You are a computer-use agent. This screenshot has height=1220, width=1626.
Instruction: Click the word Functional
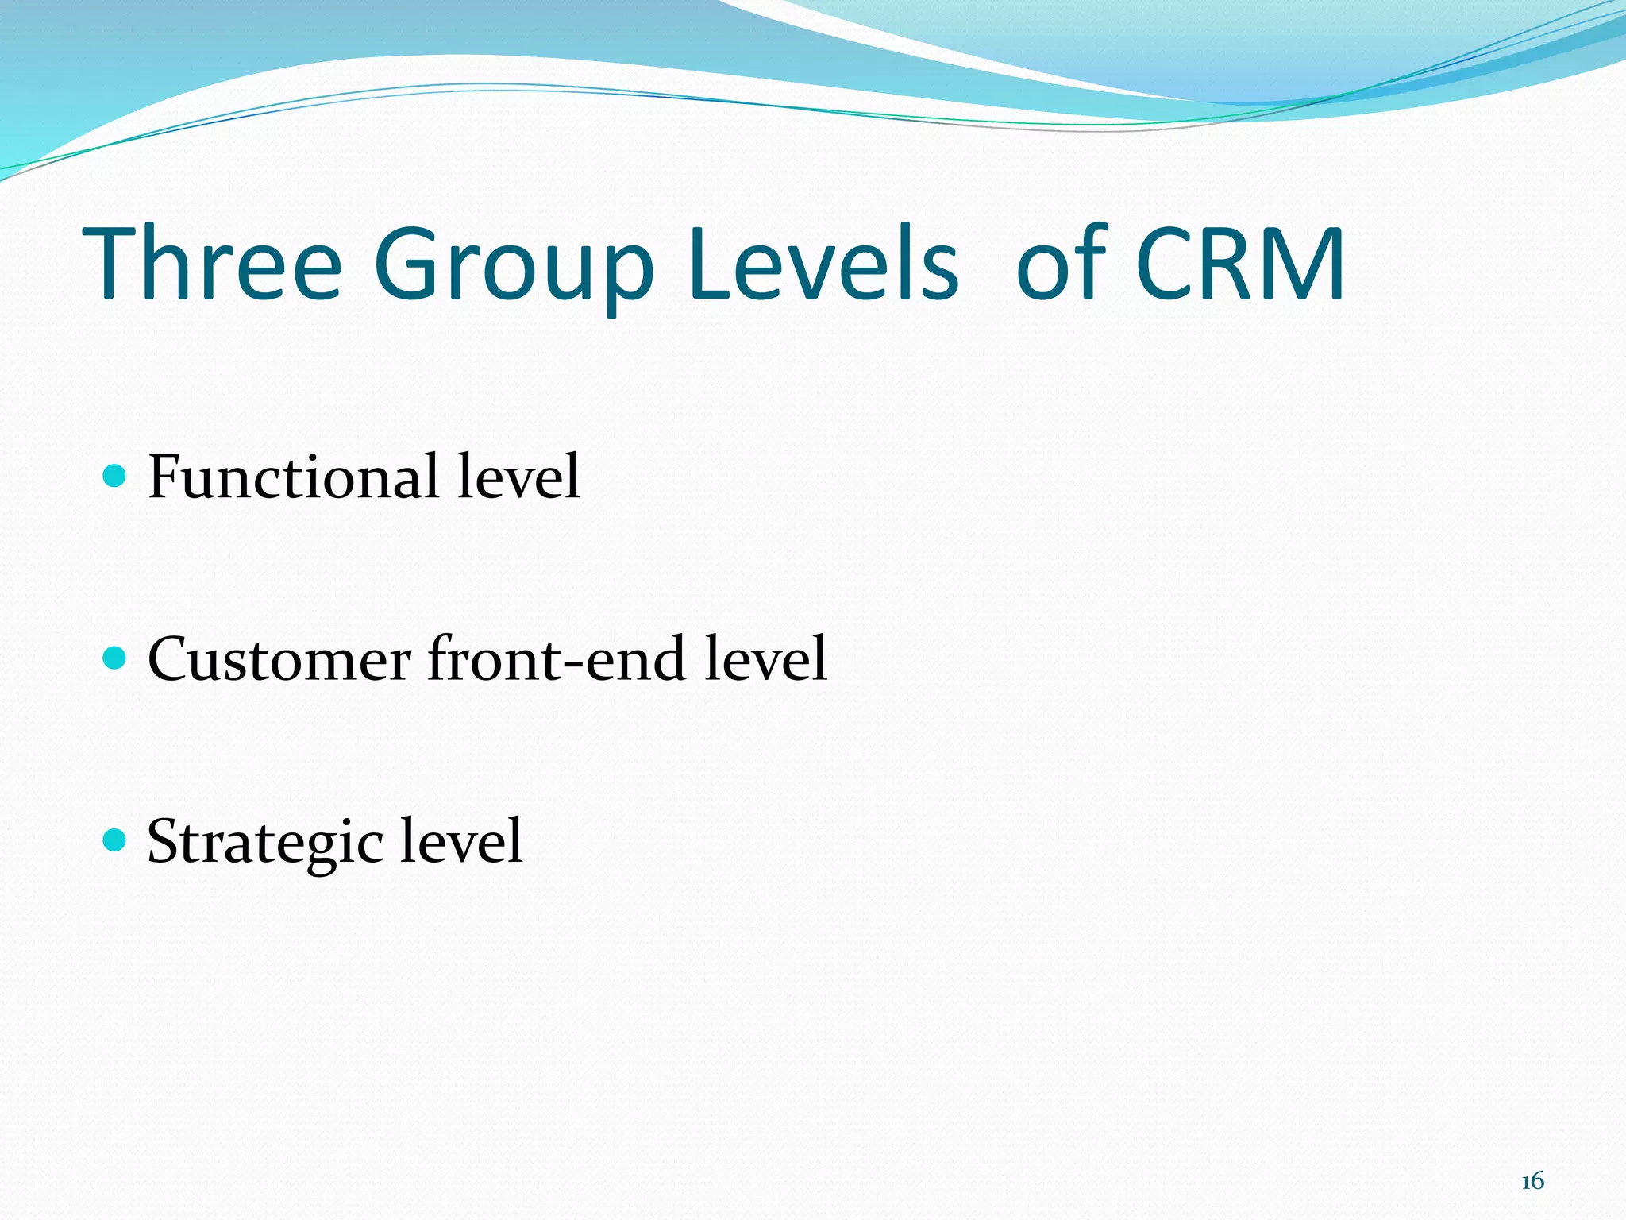click(x=293, y=477)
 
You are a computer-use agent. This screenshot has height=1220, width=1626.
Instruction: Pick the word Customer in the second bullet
click(x=279, y=659)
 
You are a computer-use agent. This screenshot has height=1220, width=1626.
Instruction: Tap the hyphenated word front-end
click(x=557, y=659)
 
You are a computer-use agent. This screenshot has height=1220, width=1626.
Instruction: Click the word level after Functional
click(x=518, y=477)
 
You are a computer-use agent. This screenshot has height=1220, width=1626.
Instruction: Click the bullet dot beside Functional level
click(x=115, y=476)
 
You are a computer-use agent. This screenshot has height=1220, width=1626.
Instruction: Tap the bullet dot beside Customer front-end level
click(x=115, y=658)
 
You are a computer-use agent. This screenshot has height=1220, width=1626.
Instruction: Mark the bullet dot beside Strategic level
click(x=115, y=840)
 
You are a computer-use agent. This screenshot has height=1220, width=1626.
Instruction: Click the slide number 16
click(x=1532, y=1181)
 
